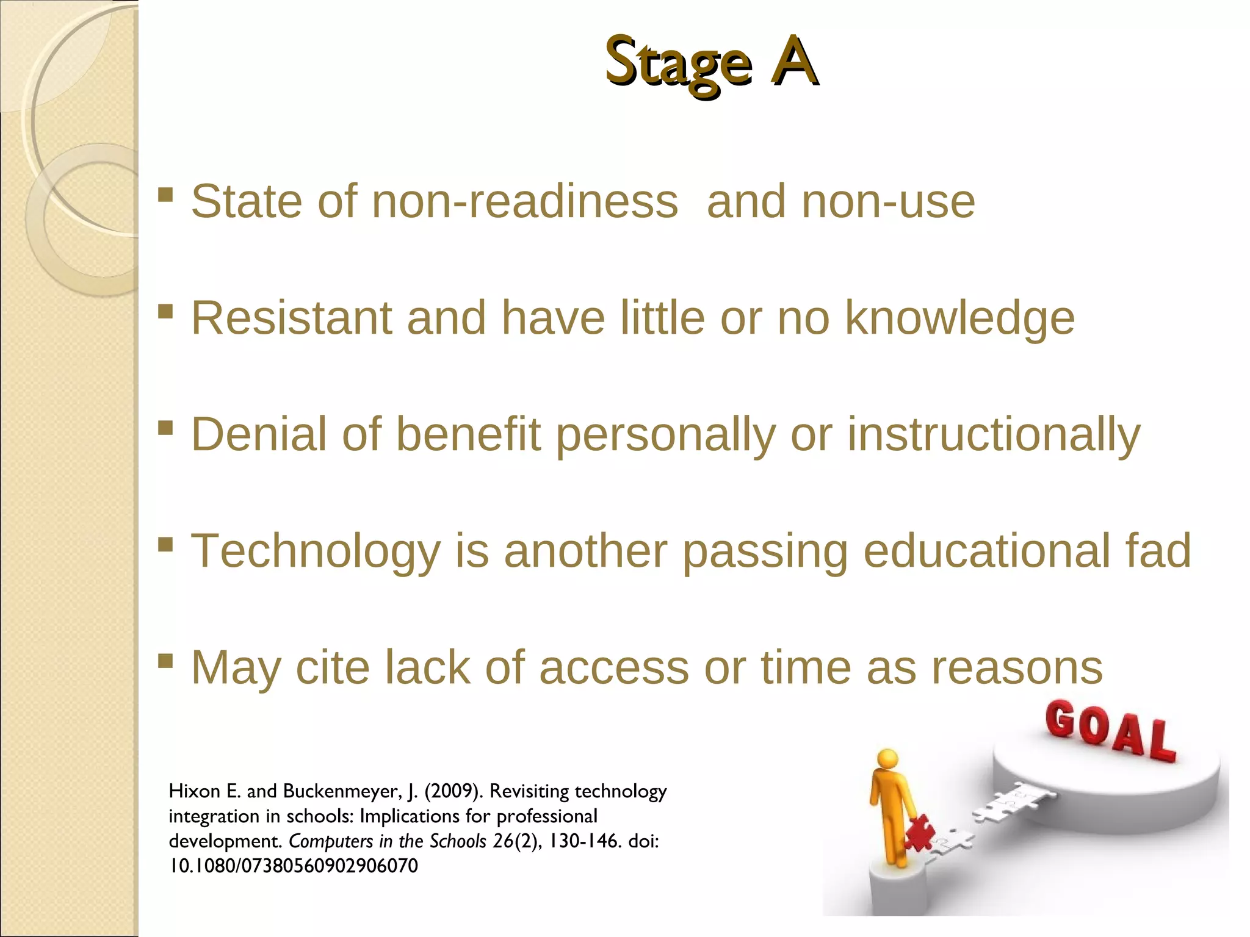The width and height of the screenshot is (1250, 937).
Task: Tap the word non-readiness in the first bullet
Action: point(525,201)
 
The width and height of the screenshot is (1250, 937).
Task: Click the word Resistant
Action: point(291,318)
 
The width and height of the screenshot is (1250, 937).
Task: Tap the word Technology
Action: point(316,551)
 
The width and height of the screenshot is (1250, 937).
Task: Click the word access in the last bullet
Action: point(613,667)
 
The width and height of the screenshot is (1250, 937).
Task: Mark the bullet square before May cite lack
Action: point(165,660)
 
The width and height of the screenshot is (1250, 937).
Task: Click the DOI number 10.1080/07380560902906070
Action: point(294,866)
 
